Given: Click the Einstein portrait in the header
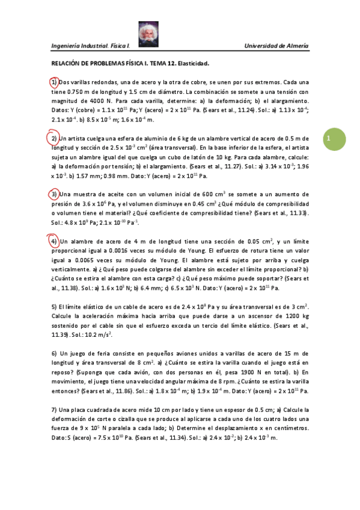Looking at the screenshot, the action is [147, 34].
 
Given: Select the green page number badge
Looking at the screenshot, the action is [330, 139].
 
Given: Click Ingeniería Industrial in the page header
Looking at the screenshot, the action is [79, 46].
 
